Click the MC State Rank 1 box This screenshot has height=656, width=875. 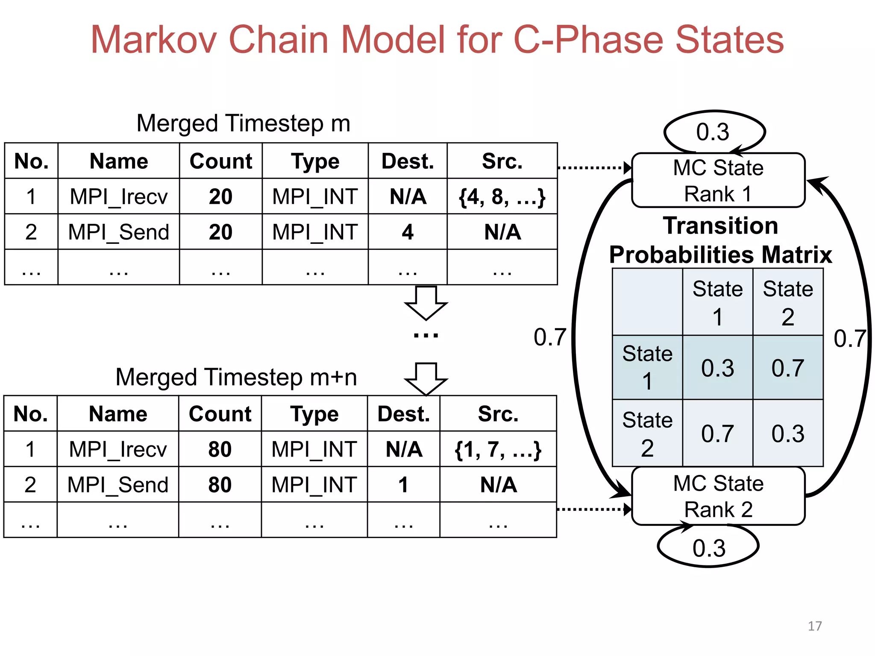pos(718,181)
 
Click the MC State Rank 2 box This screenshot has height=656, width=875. pos(718,496)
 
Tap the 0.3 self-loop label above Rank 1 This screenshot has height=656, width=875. pos(713,132)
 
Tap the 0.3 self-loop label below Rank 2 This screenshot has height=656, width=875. pos(709,548)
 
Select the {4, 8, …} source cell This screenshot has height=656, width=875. pos(502,196)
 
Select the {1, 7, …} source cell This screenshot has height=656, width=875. pos(498,449)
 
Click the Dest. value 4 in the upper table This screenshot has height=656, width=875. pos(408,232)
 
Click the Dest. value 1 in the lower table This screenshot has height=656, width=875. pos(403,485)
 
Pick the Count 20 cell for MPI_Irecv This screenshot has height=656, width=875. pos(220,196)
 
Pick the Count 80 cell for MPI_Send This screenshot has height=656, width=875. pos(220,485)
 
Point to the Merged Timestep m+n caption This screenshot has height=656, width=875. pos(236,378)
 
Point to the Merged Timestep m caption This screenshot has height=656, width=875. pos(243,123)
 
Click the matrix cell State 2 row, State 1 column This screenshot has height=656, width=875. pos(717,433)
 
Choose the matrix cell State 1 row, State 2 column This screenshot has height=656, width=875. pos(787,368)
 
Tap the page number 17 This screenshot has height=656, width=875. pos(814,626)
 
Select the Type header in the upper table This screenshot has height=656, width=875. pos(315,161)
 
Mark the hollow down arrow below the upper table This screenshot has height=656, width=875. pos(426,303)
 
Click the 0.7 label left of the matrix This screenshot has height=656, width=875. pos(549,337)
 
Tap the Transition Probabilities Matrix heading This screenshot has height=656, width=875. pos(720,240)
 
